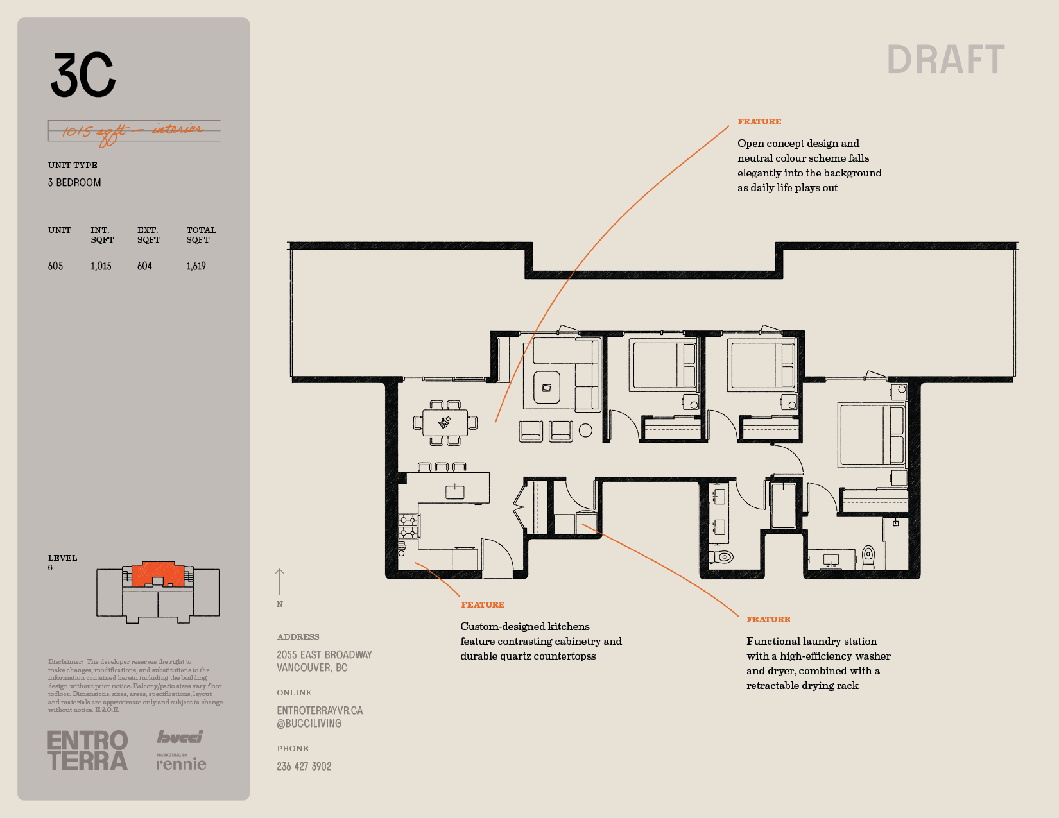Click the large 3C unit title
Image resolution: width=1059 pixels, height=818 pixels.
(83, 74)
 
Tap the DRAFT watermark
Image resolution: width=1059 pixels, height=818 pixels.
(945, 60)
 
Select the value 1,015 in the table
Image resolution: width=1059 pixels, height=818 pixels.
(101, 266)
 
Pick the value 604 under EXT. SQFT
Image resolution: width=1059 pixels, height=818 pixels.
(145, 266)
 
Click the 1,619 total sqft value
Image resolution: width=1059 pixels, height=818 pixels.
(196, 266)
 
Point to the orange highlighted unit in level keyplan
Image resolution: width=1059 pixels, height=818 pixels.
(157, 574)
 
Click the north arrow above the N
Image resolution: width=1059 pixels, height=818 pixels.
(279, 581)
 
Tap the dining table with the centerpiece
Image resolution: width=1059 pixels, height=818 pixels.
(445, 422)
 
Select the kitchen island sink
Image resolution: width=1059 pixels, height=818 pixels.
(454, 491)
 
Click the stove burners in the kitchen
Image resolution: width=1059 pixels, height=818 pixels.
(408, 526)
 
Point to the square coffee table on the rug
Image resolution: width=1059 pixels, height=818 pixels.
(547, 388)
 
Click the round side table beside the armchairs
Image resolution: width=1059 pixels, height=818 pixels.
(585, 430)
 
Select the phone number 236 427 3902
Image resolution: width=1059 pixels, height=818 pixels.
(304, 767)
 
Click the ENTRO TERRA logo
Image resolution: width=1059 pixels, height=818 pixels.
(88, 750)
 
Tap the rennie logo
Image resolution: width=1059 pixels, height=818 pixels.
(181, 762)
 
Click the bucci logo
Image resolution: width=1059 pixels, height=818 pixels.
(180, 737)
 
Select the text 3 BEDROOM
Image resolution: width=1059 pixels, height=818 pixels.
(74, 183)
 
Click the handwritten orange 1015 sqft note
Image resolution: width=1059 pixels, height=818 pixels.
(133, 132)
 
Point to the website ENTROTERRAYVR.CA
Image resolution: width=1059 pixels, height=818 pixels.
(320, 710)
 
